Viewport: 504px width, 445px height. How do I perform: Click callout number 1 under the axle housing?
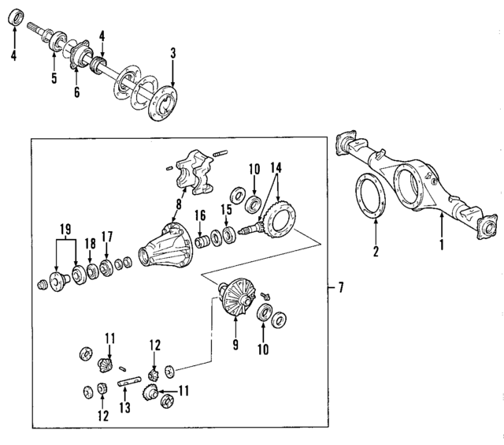click(x=442, y=245)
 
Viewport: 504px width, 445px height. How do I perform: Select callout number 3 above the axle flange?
click(x=173, y=54)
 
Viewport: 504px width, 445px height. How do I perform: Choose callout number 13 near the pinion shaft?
click(x=122, y=408)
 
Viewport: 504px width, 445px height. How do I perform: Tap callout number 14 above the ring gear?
click(x=276, y=167)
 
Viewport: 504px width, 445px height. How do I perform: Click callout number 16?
click(x=200, y=215)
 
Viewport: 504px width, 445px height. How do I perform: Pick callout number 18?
click(x=90, y=243)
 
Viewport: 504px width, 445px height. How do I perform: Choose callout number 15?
click(x=227, y=211)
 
